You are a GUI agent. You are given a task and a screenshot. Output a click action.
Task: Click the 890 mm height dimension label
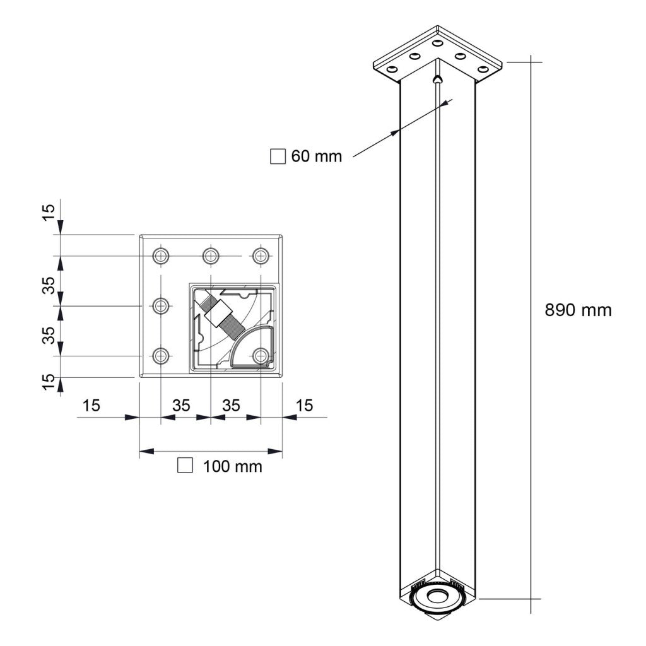pyautogui.click(x=578, y=310)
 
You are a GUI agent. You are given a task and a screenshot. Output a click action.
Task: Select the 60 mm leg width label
pyautogui.click(x=316, y=156)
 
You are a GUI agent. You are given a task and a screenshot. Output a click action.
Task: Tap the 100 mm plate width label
pyautogui.click(x=232, y=467)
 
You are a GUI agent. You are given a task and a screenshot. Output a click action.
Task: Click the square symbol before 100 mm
pyautogui.click(x=185, y=466)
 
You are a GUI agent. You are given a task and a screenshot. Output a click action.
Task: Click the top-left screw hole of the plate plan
pyautogui.click(x=161, y=255)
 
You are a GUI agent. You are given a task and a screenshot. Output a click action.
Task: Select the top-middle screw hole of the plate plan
pyautogui.click(x=210, y=255)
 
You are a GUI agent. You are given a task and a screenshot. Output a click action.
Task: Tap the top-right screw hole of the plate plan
pyautogui.click(x=260, y=255)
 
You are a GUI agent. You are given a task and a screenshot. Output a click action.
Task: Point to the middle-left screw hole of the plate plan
pyautogui.click(x=161, y=306)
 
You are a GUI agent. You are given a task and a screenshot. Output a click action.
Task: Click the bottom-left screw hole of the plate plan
pyautogui.click(x=161, y=356)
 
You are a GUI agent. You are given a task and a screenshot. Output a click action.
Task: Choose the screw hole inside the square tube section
pyautogui.click(x=260, y=356)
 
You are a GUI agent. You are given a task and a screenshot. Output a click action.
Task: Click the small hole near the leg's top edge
pyautogui.click(x=437, y=80)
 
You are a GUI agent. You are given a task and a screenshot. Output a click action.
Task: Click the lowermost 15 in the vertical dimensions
pyautogui.click(x=49, y=382)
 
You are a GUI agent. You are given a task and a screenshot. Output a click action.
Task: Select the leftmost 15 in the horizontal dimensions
pyautogui.click(x=91, y=406)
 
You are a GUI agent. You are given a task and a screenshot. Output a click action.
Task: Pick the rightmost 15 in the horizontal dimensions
pyautogui.click(x=304, y=406)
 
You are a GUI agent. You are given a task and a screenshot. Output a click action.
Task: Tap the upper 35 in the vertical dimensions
pyautogui.click(x=49, y=285)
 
